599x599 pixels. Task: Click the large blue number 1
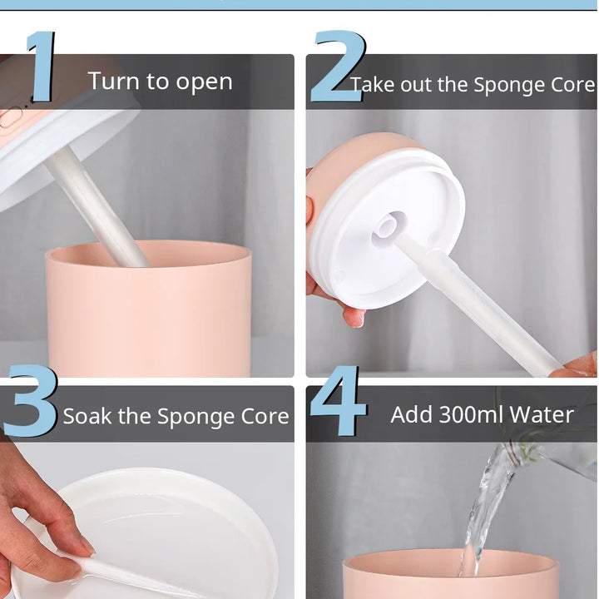[42, 67]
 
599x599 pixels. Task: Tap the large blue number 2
[339, 67]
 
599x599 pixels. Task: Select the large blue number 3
[30, 400]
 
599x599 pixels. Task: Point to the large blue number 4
[338, 400]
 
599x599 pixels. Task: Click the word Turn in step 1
[113, 81]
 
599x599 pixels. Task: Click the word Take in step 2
[373, 84]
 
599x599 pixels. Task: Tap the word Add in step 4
[411, 414]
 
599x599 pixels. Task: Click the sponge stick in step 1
[97, 206]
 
